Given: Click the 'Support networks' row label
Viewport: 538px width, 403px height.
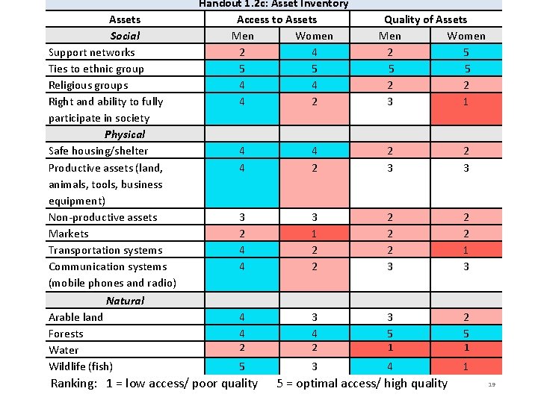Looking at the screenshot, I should click(91, 52).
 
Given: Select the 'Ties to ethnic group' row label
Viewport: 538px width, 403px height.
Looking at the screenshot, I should click(96, 69).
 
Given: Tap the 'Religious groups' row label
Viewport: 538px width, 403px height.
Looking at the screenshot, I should click(88, 85).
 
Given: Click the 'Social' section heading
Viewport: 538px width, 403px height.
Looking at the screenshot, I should click(125, 36).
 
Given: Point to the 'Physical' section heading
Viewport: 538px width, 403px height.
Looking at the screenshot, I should click(125, 134).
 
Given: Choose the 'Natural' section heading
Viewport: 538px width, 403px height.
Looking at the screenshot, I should click(125, 300).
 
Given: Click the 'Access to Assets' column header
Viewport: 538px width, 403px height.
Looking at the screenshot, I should click(276, 19).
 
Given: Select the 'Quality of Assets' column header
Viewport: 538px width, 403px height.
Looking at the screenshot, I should click(425, 19).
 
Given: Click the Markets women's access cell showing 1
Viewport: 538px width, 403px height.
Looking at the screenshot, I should click(314, 234).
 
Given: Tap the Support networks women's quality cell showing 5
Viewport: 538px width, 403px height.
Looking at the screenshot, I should click(466, 52).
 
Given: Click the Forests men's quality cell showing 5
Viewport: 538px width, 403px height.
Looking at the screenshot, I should click(389, 334).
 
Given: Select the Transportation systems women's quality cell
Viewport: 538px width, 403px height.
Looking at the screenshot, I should click(466, 250).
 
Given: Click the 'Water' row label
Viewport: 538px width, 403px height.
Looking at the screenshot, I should click(64, 350).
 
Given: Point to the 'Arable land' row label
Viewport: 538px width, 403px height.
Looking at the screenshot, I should click(75, 317).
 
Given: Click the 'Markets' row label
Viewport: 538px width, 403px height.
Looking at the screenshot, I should click(68, 234).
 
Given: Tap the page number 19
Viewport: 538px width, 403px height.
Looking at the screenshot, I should click(492, 385).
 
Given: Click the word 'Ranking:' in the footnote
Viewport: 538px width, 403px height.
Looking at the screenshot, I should click(74, 384).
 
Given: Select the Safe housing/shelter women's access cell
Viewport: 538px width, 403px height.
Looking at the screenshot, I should click(314, 151).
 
